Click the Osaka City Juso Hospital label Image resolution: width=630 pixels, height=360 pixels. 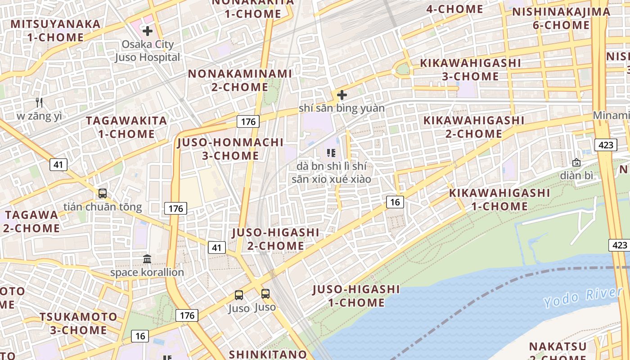[147, 51]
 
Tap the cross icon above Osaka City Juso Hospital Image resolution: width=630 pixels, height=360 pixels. [147, 31]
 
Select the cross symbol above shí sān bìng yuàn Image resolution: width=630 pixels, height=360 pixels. [342, 95]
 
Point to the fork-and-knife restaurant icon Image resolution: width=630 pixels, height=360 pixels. [40, 103]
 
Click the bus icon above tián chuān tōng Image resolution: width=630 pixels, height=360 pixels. [103, 193]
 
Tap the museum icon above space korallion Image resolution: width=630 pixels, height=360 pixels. [147, 259]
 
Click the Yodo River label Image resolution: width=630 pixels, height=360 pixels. [583, 297]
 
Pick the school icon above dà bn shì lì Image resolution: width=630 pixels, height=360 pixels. [332, 153]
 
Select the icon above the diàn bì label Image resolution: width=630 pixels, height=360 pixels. [576, 162]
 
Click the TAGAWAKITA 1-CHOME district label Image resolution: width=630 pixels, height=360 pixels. [126, 127]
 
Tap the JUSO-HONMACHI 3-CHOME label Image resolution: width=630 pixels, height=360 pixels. [230, 149]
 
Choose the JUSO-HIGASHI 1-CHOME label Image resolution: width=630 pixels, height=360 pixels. [356, 296]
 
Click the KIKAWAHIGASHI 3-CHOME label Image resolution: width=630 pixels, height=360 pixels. [470, 70]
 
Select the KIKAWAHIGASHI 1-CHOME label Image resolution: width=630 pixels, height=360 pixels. [499, 200]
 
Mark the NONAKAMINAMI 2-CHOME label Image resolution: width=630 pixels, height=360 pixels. [240, 80]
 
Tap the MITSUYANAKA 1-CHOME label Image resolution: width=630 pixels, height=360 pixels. [56, 30]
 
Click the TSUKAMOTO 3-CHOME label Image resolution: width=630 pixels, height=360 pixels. [79, 324]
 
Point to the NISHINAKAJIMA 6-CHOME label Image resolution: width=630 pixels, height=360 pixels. [561, 18]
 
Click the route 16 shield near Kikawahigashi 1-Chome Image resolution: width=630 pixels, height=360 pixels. [395, 202]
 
